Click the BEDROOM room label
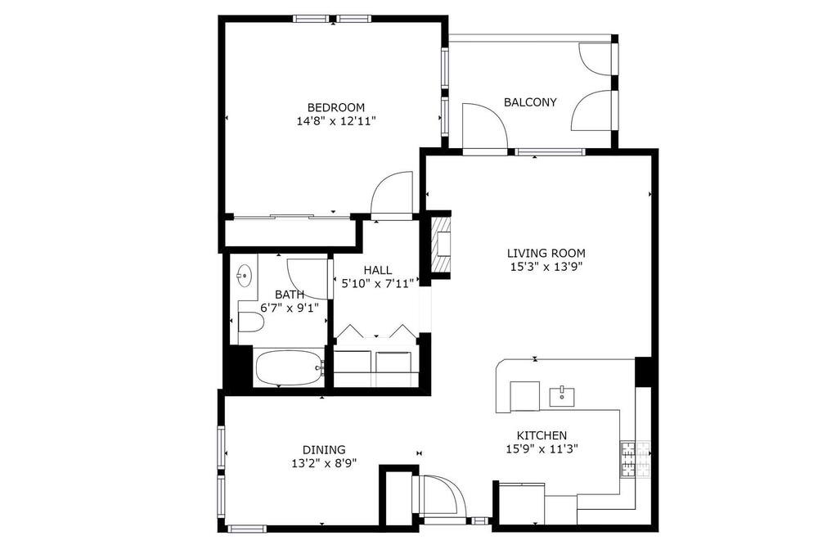tap(335, 108)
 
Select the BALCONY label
tap(530, 102)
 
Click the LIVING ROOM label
tap(546, 253)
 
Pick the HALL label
tap(378, 270)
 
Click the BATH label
tap(290, 295)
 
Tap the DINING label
tap(324, 449)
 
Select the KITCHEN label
tap(542, 435)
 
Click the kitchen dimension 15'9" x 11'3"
tap(542, 448)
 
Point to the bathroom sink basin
tap(244, 275)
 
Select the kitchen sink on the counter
tap(562, 397)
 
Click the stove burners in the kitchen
tap(636, 459)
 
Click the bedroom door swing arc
tap(391, 192)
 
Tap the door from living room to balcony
tap(484, 126)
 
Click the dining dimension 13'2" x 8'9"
tap(324, 463)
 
